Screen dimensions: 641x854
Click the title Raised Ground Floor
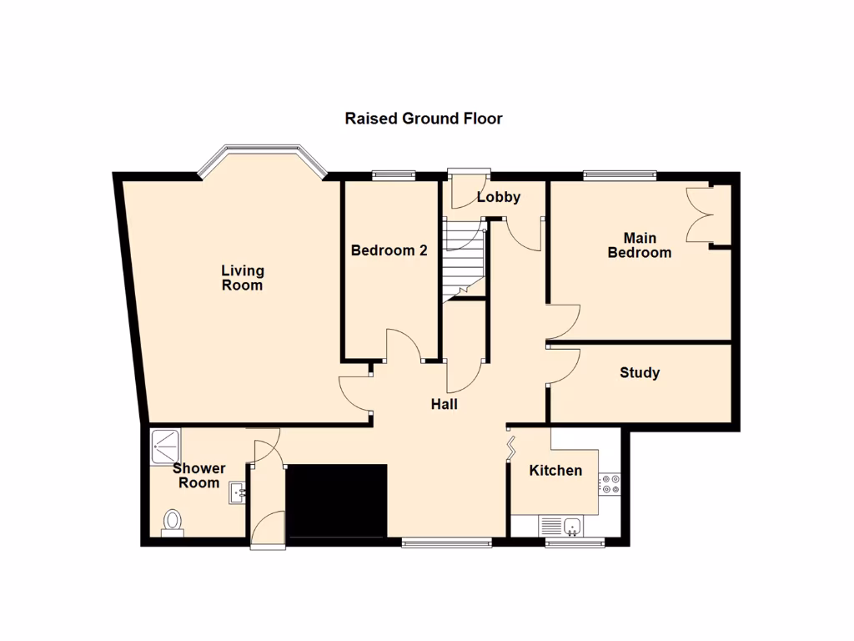pos(424,119)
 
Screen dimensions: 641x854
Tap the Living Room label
pos(243,278)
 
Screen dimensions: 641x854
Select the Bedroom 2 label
pos(389,250)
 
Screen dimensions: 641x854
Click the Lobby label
pos(499,197)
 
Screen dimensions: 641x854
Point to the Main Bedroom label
pos(640,245)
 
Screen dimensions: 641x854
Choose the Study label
pos(640,373)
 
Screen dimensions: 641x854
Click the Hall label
pos(444,405)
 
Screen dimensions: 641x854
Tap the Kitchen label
pos(556,471)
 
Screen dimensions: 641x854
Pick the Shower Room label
pos(199,476)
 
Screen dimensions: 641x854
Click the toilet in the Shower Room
pos(173,522)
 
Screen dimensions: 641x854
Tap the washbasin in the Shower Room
pos(237,492)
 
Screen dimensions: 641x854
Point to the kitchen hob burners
pos(610,484)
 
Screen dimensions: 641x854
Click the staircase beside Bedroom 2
pos(463,259)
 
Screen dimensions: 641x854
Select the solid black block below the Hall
pos(336,502)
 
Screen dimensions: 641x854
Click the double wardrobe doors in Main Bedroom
pos(700,215)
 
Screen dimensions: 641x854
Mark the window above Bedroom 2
pos(393,174)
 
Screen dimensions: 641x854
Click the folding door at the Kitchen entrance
pos(510,448)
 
